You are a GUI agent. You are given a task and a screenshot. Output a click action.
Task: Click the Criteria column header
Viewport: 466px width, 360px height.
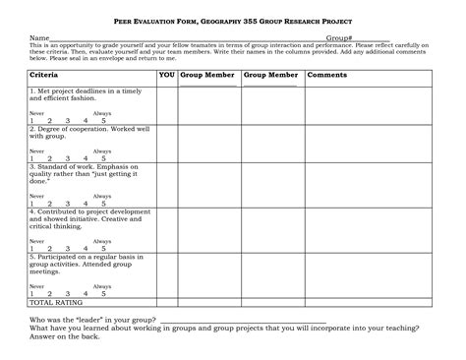[44, 75]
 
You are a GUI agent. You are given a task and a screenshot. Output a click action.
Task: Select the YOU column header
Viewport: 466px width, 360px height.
[167, 75]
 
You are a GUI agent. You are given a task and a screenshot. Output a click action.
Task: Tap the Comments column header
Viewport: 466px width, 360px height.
[326, 75]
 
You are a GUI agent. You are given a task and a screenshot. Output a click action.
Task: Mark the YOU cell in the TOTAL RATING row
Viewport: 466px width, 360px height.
[167, 302]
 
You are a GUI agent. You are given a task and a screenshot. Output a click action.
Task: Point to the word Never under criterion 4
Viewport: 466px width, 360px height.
[36, 240]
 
